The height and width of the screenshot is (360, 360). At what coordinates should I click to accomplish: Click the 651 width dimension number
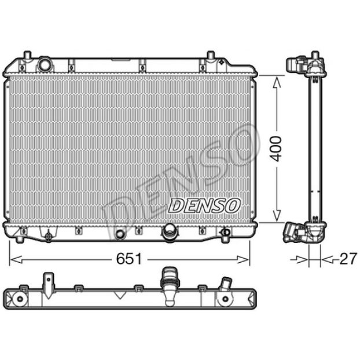point(129,259)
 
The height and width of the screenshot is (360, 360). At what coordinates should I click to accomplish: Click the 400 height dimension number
point(275,149)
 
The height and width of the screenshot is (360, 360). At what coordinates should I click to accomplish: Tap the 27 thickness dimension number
point(348,259)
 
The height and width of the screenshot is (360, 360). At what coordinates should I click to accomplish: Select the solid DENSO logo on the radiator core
point(204,205)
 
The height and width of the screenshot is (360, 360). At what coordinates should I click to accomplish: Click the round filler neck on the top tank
point(45,64)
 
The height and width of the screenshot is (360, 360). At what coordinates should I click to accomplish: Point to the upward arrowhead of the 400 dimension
point(277,82)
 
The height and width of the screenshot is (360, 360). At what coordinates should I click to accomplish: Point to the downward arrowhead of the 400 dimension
point(277,216)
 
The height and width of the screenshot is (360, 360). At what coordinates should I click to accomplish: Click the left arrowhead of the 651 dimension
point(17,260)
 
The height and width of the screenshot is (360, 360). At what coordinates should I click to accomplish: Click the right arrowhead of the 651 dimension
point(243,260)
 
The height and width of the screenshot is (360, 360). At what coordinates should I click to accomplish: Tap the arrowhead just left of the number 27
point(328,260)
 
